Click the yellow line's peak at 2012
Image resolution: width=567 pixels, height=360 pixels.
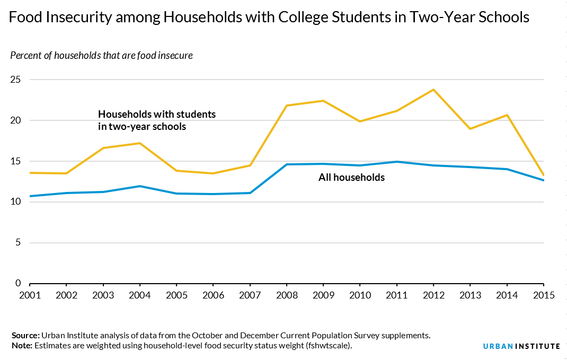[433, 90]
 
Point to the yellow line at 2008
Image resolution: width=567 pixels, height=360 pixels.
[287, 106]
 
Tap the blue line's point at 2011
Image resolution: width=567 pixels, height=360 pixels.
[397, 162]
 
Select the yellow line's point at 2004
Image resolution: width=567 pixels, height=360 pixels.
[139, 143]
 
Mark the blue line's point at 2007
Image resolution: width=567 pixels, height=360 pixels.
[250, 192]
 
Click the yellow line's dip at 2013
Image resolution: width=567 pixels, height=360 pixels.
[470, 129]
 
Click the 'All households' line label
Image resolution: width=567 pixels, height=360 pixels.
[351, 178]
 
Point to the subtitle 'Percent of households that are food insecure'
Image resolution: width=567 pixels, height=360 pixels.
[101, 56]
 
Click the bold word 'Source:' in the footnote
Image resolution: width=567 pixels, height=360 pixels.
[25, 336]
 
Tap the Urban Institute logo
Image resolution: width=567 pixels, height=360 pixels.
[521, 346]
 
